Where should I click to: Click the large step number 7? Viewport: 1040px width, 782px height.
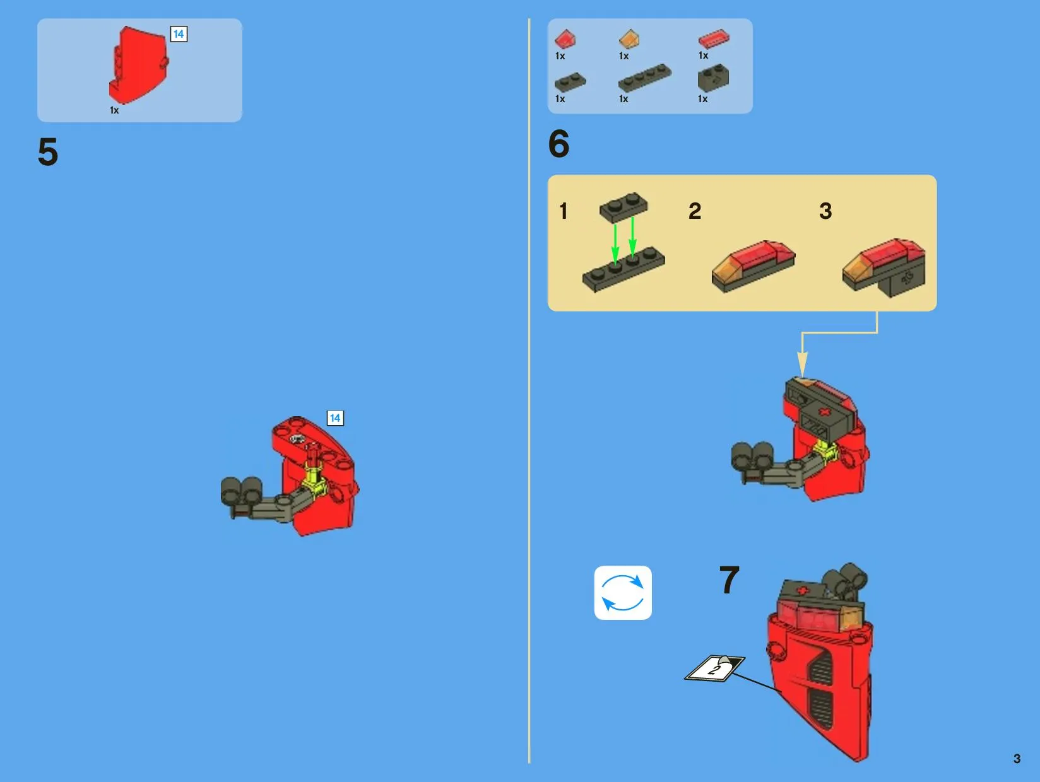pos(729,580)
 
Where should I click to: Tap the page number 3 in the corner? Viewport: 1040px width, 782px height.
pos(1017,758)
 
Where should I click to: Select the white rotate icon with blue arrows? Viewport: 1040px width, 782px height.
pos(623,593)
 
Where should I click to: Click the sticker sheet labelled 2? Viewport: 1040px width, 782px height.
pos(715,668)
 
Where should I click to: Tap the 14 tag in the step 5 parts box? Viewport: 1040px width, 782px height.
pos(179,34)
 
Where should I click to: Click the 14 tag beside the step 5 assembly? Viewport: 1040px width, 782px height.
pos(335,418)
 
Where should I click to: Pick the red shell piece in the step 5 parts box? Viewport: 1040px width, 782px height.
pos(138,66)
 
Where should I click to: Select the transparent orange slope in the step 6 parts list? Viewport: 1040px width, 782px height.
pos(629,39)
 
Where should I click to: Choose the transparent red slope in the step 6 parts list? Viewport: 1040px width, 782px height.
pos(565,39)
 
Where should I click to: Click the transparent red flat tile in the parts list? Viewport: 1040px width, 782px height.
pos(714,39)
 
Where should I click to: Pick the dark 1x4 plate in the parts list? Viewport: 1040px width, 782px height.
pos(645,78)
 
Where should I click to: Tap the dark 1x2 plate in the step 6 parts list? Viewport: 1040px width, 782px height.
pos(570,82)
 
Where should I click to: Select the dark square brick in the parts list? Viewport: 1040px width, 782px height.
pos(713,78)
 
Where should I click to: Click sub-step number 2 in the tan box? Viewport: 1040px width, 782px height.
pos(695,211)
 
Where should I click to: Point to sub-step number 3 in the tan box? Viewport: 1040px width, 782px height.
pos(825,211)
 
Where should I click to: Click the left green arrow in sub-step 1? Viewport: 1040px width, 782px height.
pos(615,244)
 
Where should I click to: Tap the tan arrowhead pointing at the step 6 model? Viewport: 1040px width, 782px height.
pos(802,365)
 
